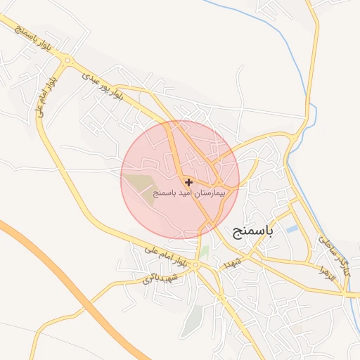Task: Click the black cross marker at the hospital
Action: point(188,181)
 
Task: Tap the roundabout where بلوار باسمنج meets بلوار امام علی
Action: point(67,61)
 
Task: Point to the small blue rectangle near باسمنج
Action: point(292,229)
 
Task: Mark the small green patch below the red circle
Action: point(204,251)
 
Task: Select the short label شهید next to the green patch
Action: point(232,262)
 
